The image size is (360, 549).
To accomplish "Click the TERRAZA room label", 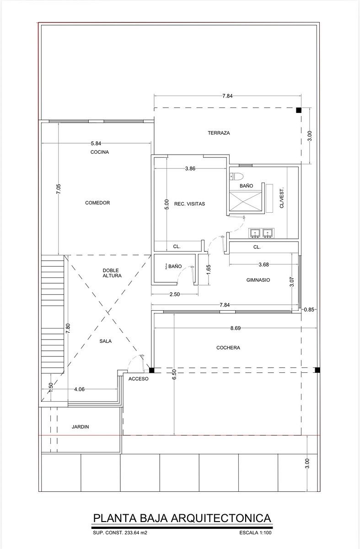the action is [219, 133].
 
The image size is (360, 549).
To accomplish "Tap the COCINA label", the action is [100, 152].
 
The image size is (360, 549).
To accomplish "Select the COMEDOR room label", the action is [97, 203].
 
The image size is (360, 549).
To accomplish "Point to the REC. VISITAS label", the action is [189, 204].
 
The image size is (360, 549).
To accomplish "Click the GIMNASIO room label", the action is [258, 280].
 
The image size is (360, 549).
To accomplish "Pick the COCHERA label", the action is [228, 348].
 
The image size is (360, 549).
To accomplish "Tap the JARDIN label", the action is [80, 427].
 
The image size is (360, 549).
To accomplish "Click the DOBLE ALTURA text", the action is [112, 273].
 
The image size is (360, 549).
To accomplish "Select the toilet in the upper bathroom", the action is [236, 176].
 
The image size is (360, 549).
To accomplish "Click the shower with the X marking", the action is [245, 201].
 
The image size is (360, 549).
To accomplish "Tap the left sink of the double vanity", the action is [255, 233].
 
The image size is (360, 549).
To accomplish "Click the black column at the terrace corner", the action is [299, 110].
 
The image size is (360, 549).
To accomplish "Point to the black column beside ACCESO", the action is [152, 370].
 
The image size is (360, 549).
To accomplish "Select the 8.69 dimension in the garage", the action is [235, 328].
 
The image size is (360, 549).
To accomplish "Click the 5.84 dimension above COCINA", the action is [96, 143].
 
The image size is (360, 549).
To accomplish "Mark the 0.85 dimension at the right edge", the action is [309, 310].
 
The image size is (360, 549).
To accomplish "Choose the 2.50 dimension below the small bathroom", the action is [175, 294].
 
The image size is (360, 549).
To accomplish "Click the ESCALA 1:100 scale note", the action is [255, 533].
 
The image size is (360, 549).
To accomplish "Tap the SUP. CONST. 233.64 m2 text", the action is [120, 533].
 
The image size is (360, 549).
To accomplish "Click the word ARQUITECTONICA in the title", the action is [221, 518].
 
